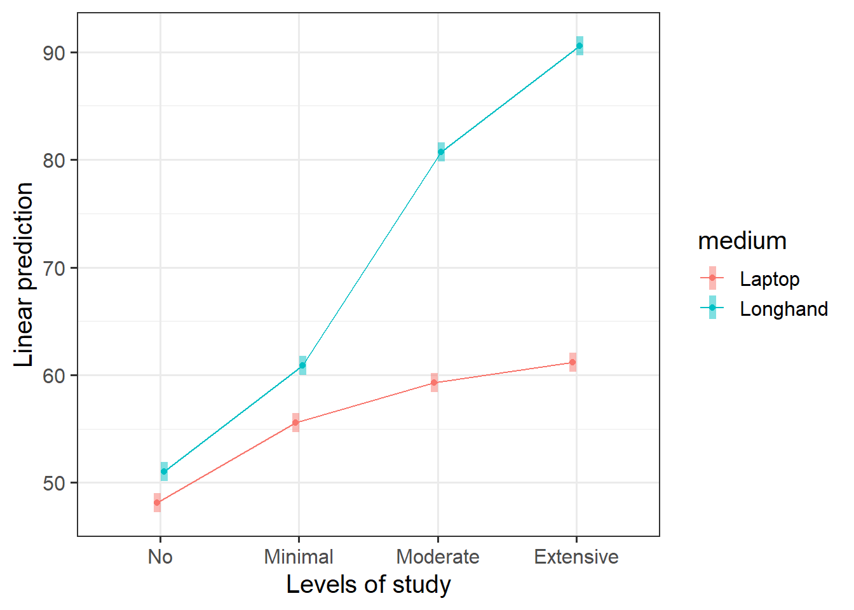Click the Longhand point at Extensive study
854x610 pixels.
click(579, 46)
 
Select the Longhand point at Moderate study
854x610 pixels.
click(441, 152)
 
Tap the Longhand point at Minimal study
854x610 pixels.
click(302, 365)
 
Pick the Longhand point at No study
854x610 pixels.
click(164, 471)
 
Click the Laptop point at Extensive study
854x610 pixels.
click(573, 362)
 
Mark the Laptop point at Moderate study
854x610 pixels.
click(434, 383)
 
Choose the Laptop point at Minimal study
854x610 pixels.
click(295, 423)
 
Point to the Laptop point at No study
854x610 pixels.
click(157, 503)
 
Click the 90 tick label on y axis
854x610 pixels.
click(55, 53)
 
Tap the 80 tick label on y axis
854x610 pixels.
click(55, 160)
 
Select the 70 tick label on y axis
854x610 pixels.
click(55, 268)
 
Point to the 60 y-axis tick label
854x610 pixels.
click(55, 376)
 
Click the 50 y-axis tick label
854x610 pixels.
click(55, 483)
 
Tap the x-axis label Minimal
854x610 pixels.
click(299, 557)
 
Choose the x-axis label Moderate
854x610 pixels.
click(438, 557)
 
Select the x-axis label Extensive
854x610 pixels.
click(576, 557)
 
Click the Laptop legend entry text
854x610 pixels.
click(769, 279)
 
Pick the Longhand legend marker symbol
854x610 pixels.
click(712, 308)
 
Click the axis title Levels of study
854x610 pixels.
click(369, 585)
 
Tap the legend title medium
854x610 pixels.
click(742, 241)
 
